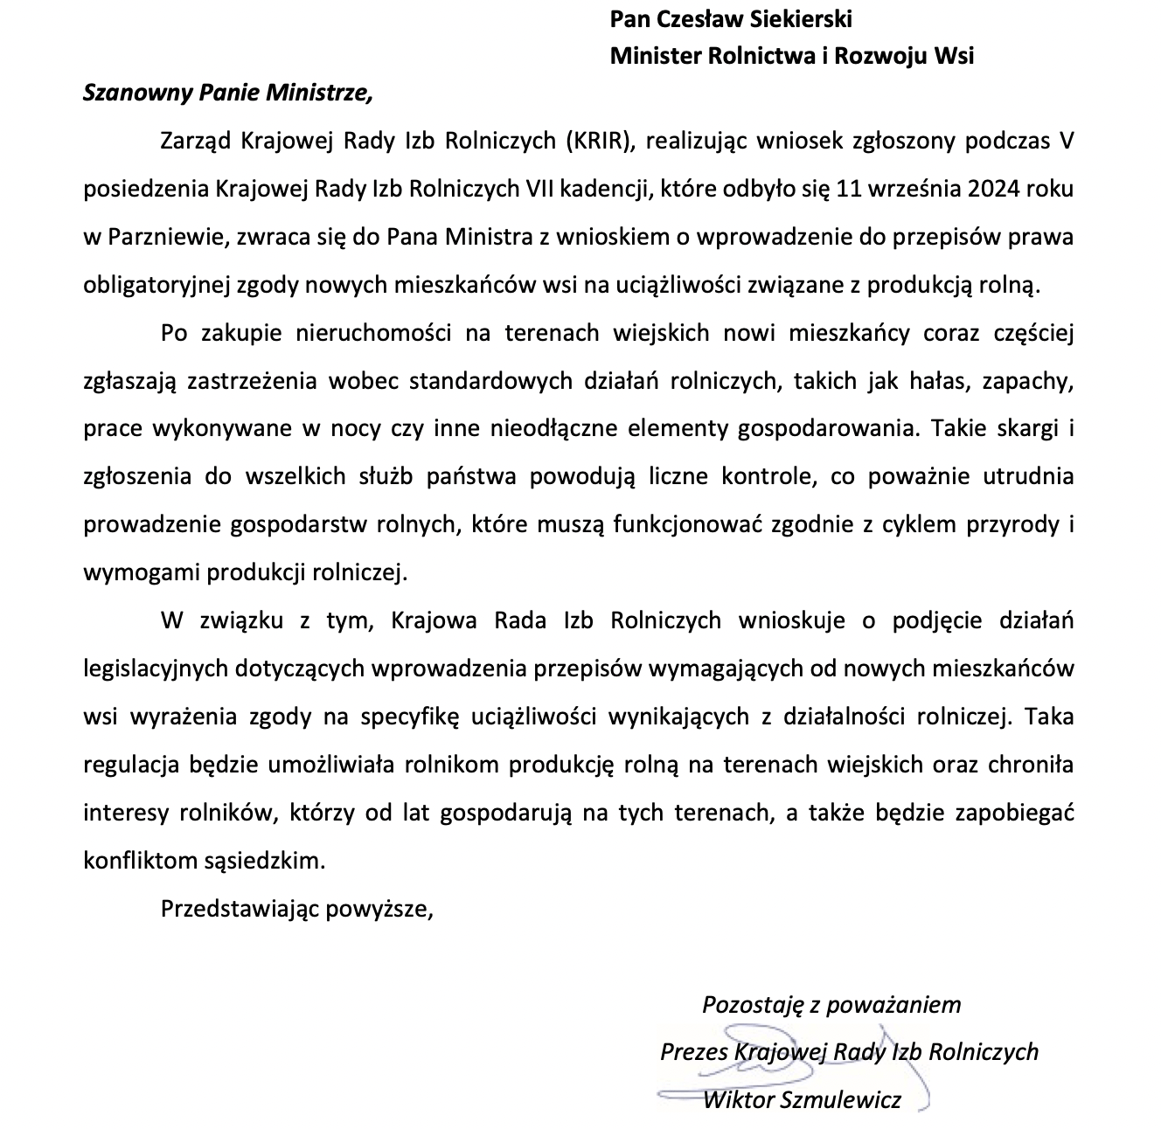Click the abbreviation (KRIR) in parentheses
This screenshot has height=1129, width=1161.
598,141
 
